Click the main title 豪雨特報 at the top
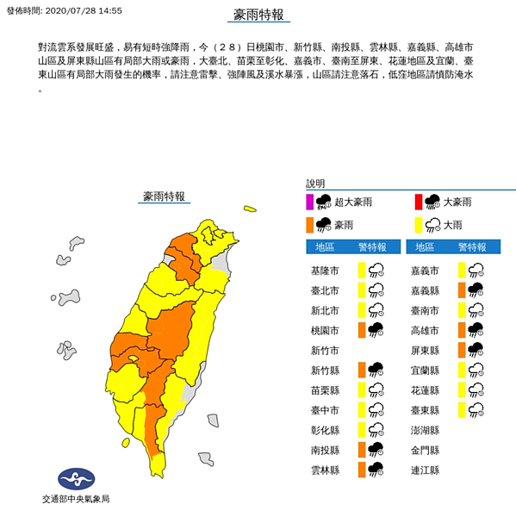pyautogui.click(x=258, y=16)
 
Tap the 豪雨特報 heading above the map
pyautogui.click(x=164, y=196)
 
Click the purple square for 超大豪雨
pyautogui.click(x=310, y=202)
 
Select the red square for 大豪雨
pyautogui.click(x=419, y=202)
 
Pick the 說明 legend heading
pyautogui.click(x=315, y=184)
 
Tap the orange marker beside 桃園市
pyautogui.click(x=362, y=330)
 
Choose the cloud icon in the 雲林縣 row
pyautogui.click(x=376, y=470)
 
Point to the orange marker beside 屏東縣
pyautogui.click(x=462, y=350)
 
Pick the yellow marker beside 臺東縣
pyautogui.click(x=462, y=410)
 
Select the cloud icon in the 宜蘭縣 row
pyautogui.click(x=476, y=370)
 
